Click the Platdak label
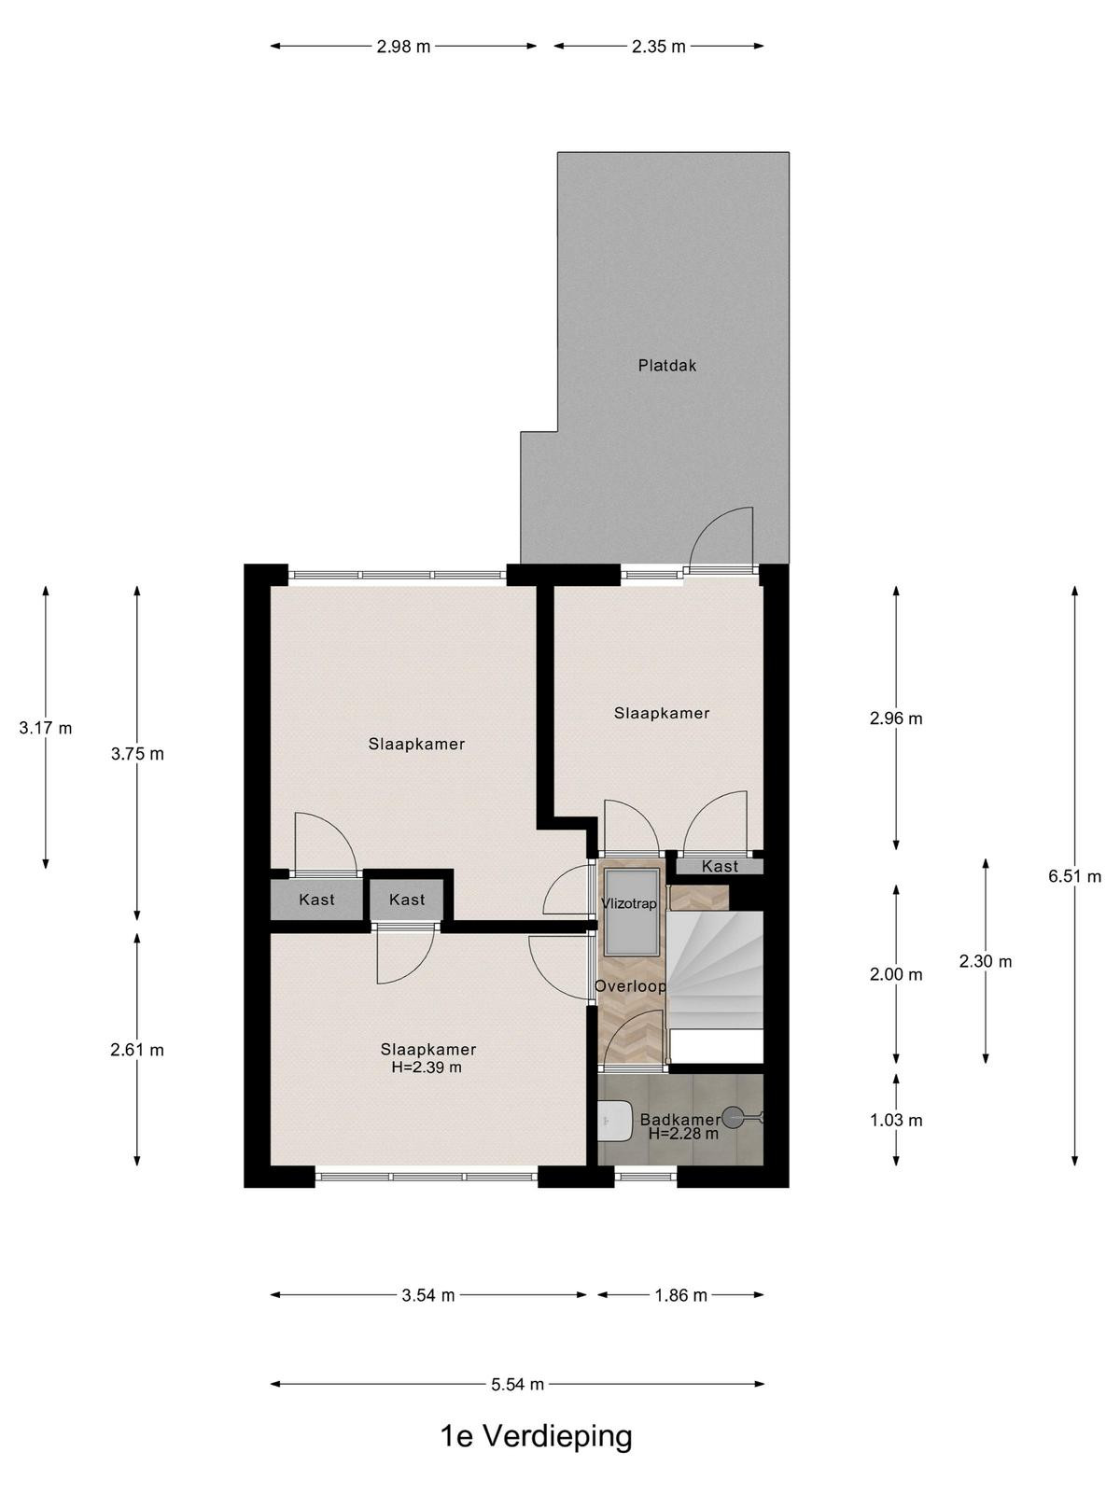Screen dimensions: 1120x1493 (x=667, y=365)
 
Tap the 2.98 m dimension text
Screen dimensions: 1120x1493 (x=404, y=47)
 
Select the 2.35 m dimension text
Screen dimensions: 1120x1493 (x=659, y=47)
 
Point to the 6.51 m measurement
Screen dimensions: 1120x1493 (x=1074, y=877)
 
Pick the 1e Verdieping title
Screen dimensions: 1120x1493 (x=537, y=1436)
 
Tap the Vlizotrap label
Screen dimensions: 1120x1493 (x=629, y=904)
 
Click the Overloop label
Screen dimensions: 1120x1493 (x=630, y=986)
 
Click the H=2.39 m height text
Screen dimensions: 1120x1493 (x=427, y=1067)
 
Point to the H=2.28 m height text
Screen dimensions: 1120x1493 (x=683, y=1134)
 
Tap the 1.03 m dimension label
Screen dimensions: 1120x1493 (x=896, y=1121)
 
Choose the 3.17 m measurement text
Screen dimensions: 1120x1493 (x=46, y=729)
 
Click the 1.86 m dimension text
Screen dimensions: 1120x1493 (x=680, y=1296)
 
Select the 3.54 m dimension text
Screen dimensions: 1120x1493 (x=427, y=1296)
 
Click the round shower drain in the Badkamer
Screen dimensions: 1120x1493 (x=733, y=1116)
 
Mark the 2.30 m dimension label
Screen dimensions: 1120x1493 (x=986, y=961)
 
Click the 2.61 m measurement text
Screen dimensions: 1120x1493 (x=137, y=1050)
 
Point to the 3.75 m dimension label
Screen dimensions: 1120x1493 (x=137, y=754)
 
